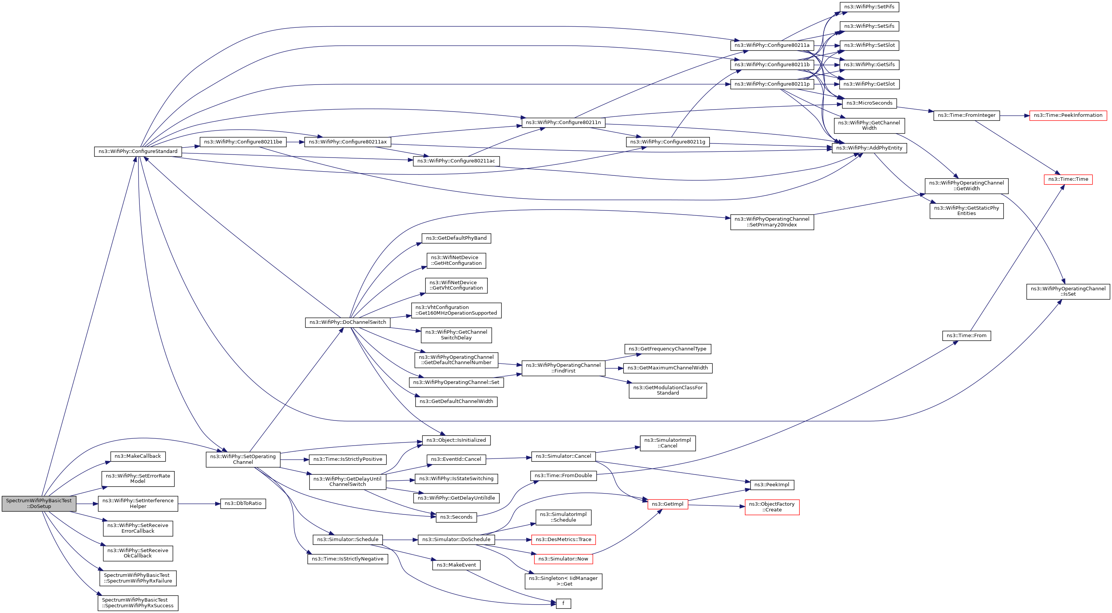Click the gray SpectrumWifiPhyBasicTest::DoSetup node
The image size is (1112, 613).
(x=39, y=503)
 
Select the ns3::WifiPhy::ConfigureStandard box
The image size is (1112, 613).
(x=138, y=151)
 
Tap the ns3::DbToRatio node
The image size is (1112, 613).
(x=243, y=503)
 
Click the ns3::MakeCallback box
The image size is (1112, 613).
(x=138, y=456)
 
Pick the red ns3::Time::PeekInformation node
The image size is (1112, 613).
(x=1068, y=115)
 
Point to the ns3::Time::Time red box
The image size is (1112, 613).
(x=1068, y=179)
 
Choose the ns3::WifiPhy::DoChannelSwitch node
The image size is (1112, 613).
(x=347, y=322)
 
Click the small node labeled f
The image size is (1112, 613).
(x=563, y=603)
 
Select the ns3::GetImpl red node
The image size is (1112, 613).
(x=667, y=504)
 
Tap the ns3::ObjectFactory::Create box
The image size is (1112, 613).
(x=772, y=507)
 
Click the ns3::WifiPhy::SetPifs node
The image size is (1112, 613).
(x=869, y=7)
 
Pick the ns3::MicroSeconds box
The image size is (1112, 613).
(x=869, y=103)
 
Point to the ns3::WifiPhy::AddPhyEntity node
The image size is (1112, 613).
(x=869, y=148)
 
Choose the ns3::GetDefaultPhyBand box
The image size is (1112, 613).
(x=456, y=238)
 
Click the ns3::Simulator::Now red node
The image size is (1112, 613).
(x=563, y=559)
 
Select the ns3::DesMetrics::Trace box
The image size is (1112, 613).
(x=563, y=540)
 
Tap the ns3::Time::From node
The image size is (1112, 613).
(x=967, y=336)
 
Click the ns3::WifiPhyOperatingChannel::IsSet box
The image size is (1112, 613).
(x=1068, y=291)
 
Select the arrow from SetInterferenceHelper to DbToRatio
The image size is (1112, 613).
(x=199, y=504)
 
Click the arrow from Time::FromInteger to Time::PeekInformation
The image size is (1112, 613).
(x=1015, y=116)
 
